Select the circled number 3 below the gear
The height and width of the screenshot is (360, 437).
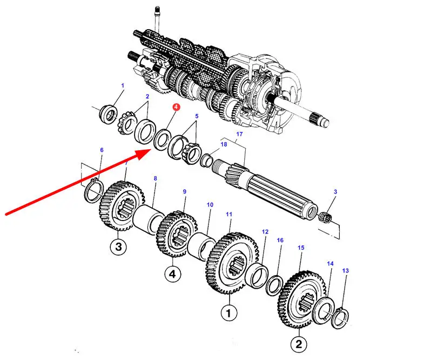click(118, 248)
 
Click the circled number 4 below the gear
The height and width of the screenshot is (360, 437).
click(172, 275)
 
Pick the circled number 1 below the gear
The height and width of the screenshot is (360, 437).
click(228, 312)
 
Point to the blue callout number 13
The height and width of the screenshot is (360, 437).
click(346, 270)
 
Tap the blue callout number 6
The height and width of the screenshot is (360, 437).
click(102, 150)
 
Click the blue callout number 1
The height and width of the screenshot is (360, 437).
click(123, 85)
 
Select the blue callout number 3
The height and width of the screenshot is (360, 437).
click(335, 192)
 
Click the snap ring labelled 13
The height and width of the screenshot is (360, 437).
click(343, 316)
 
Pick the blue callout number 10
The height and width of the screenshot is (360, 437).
click(210, 205)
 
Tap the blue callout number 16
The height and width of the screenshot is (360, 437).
click(280, 240)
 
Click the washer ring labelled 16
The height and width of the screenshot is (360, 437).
click(274, 283)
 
